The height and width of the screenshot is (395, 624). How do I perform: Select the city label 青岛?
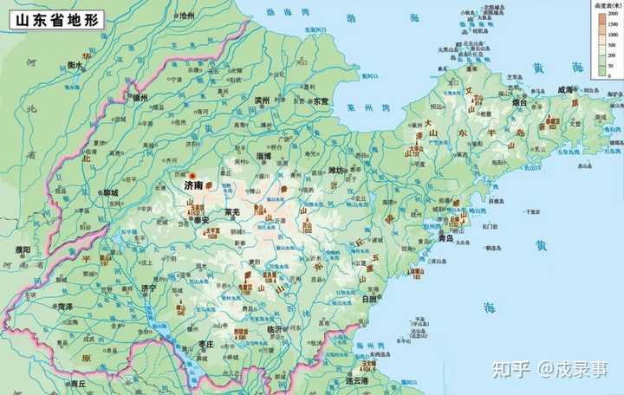[447, 237]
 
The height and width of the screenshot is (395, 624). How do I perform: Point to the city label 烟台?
[520, 102]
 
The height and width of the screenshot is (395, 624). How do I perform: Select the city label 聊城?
[109, 191]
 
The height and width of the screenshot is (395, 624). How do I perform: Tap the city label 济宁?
[148, 288]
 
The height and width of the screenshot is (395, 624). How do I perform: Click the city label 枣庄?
[206, 344]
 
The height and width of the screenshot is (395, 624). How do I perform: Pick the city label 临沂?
[275, 329]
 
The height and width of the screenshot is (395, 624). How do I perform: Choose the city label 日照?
[368, 299]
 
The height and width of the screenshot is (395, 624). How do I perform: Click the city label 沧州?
[185, 16]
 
